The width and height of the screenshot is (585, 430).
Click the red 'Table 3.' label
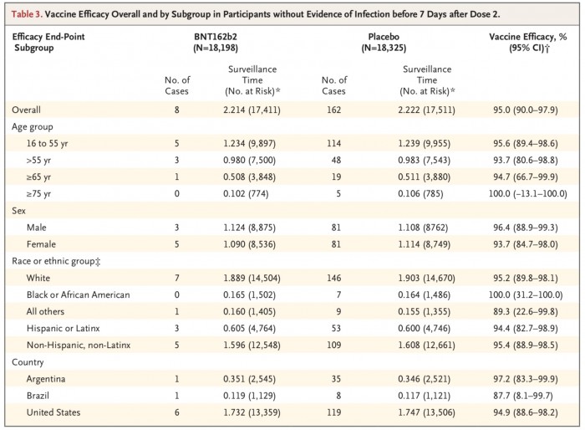click(x=27, y=14)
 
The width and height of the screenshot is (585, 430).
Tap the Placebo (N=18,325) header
click(x=384, y=42)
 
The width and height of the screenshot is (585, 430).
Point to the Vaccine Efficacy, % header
click(x=528, y=37)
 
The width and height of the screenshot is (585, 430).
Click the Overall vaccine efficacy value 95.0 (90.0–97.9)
click(x=526, y=110)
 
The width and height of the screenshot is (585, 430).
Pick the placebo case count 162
click(x=333, y=110)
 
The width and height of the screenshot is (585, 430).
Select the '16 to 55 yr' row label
click(x=47, y=143)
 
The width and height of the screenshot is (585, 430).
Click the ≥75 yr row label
click(x=38, y=194)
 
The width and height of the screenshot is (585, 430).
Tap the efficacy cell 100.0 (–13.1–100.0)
click(x=528, y=193)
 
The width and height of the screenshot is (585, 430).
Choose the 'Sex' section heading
click(x=18, y=211)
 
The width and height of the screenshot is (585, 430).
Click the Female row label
click(x=41, y=244)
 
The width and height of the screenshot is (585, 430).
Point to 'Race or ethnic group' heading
click(x=56, y=261)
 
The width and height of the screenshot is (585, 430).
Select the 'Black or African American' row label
click(x=78, y=294)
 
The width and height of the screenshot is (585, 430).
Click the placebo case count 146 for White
click(x=333, y=278)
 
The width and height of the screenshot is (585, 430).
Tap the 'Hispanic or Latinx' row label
click(x=63, y=329)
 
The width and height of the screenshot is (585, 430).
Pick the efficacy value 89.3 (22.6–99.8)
click(x=526, y=311)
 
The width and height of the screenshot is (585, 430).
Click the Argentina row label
click(x=45, y=379)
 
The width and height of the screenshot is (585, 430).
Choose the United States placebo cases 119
click(x=333, y=412)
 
